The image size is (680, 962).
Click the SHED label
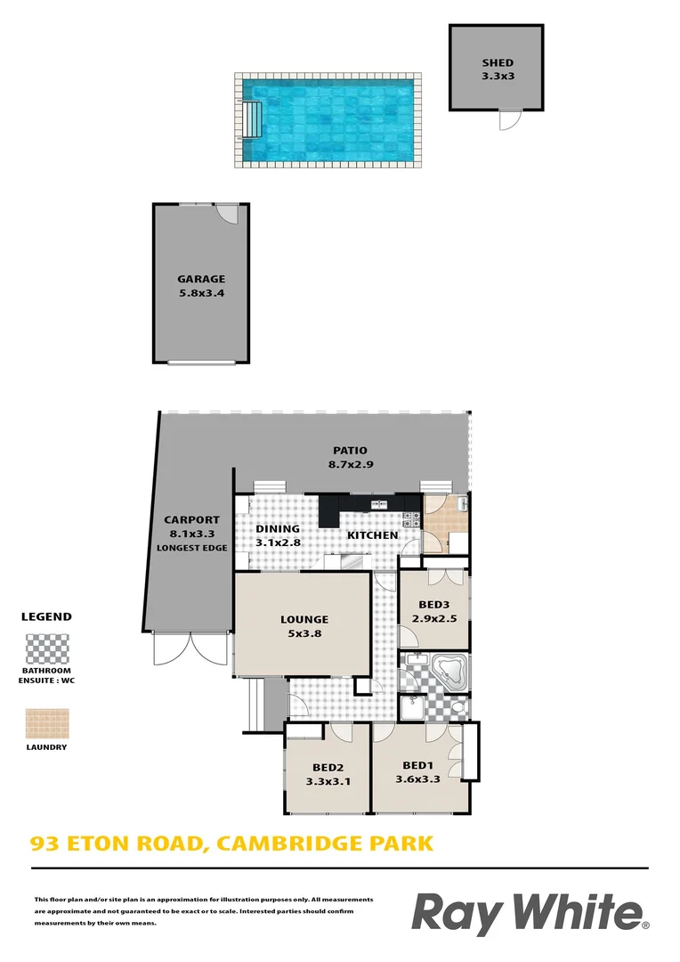(x=498, y=62)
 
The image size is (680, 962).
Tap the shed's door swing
(x=508, y=120)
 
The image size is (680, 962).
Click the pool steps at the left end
(x=253, y=119)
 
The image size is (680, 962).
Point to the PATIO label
(x=350, y=450)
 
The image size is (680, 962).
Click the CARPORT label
(x=191, y=520)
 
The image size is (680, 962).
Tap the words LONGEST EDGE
(x=191, y=548)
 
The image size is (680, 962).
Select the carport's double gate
(x=190, y=649)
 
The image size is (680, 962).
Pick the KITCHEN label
(x=372, y=534)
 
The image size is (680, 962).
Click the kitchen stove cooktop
(x=411, y=518)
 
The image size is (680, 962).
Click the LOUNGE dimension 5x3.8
(x=304, y=634)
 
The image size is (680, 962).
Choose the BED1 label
(x=418, y=764)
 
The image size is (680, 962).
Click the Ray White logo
(x=530, y=914)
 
